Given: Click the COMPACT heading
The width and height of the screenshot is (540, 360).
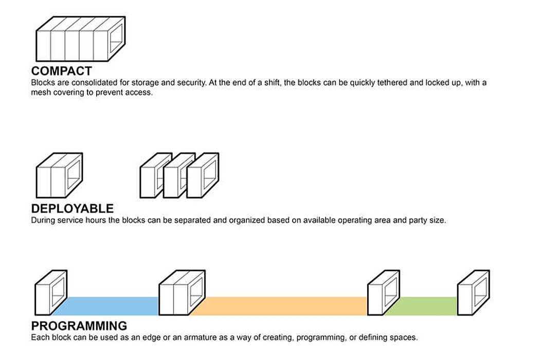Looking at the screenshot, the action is pos(62,71).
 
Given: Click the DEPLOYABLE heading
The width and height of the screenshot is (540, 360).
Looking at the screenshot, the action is pos(73,208).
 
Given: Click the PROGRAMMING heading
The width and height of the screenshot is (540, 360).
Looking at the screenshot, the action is pos(79,326).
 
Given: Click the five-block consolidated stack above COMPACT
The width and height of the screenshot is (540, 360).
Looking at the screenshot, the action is pos(81,39).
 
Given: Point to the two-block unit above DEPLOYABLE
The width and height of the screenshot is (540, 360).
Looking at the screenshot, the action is pos(59,175).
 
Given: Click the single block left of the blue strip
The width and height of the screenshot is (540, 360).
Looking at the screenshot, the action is pos(51,293).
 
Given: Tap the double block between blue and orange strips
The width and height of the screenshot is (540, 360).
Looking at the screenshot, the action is pos(182,293).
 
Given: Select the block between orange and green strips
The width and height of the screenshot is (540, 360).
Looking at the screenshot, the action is pos(384,293).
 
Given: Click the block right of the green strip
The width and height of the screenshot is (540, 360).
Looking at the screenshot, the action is pos(474,293).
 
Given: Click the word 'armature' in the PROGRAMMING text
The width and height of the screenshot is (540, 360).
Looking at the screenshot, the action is pos(200,337).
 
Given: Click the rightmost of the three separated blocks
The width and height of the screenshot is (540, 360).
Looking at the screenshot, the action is pos(203,175).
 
